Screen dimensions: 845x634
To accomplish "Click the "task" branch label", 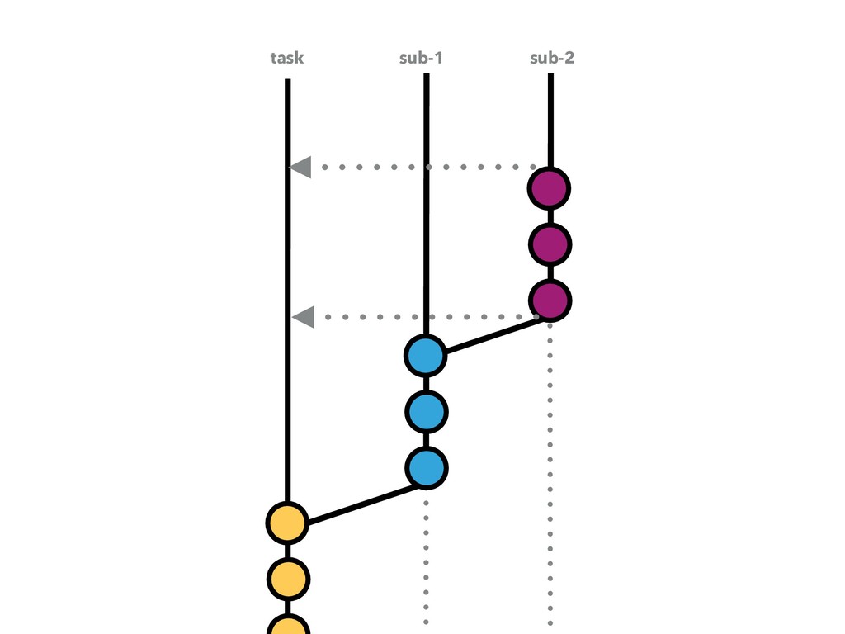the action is pos(286,59).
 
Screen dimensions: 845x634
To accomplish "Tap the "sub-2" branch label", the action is pos(551,59).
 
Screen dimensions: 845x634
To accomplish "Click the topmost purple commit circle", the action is pos(550,189).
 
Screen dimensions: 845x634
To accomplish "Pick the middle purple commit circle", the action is pos(550,244).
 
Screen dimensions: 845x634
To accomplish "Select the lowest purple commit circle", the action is pos(550,300).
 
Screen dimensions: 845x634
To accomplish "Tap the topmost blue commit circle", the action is pos(426,356).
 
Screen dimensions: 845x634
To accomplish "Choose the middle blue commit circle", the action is pos(426,411).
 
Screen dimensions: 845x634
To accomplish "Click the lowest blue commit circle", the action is pos(426,467).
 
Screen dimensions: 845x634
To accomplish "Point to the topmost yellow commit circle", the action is pos(287,523).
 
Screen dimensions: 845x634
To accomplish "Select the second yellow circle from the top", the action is pos(287,579).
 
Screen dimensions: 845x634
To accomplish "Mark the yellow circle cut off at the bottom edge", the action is pos(287,626).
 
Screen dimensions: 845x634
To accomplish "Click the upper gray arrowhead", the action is pos(300,167).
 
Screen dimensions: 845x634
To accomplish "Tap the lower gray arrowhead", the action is pos(304,316).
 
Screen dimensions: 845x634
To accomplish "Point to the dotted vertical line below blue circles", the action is pos(426,561).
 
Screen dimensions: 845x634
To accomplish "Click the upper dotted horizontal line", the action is pos(413,167).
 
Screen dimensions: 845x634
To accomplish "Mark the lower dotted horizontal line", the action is pos(413,316).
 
